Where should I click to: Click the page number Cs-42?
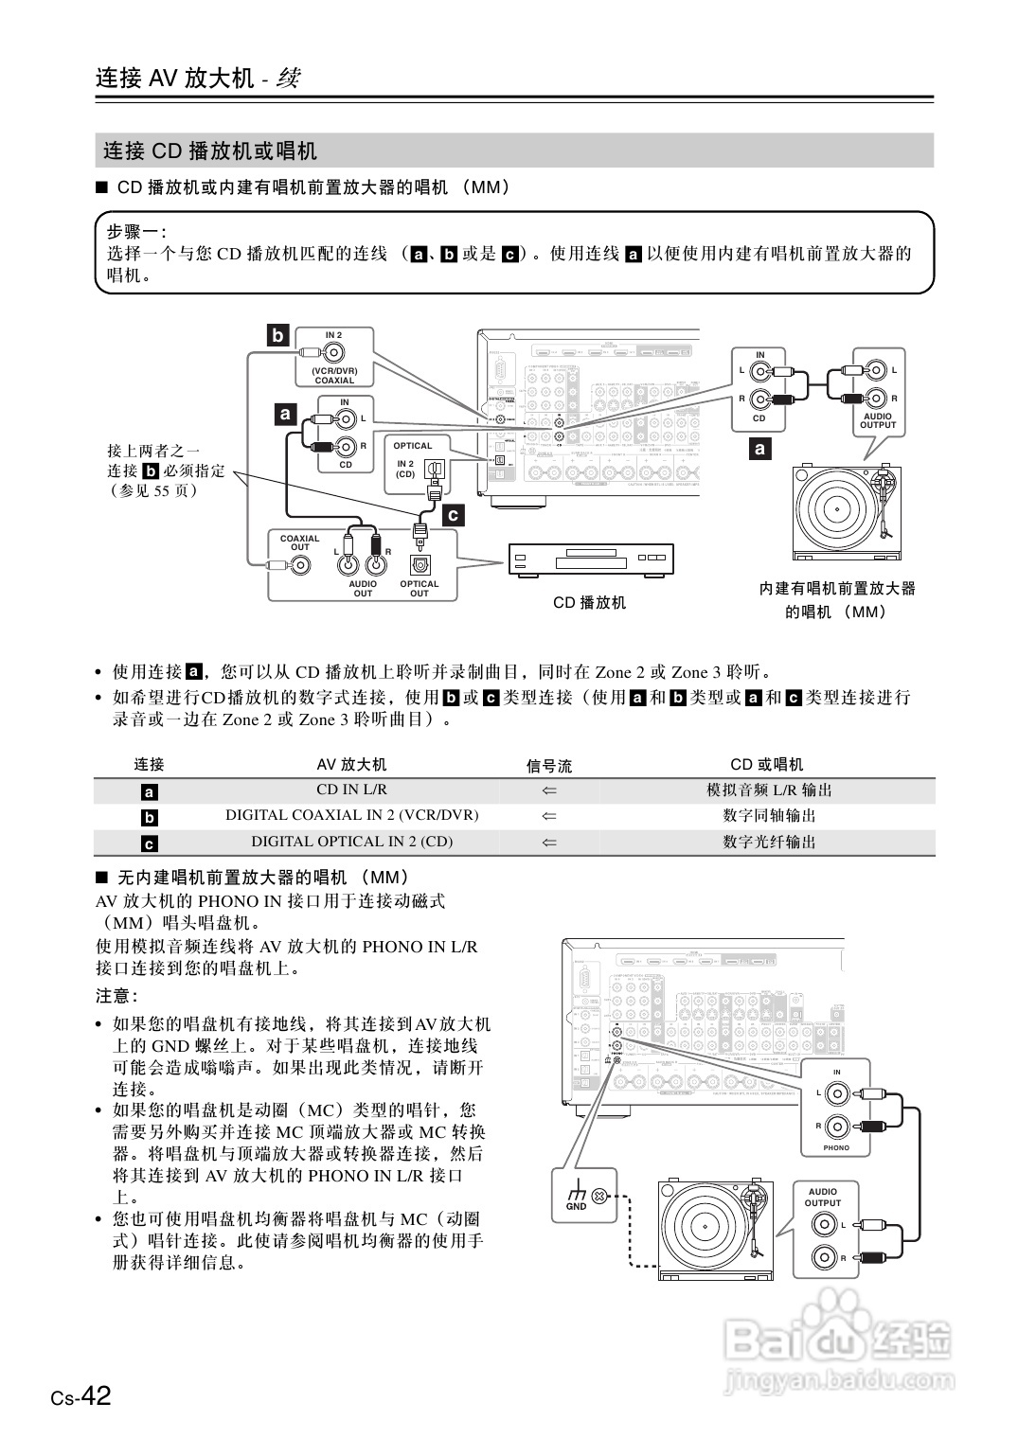point(81,1396)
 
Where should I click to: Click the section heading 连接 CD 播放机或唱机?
point(210,151)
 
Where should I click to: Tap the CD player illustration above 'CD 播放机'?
point(590,560)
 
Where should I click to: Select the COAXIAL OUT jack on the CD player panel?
point(301,565)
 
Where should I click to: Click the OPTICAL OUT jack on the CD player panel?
point(420,565)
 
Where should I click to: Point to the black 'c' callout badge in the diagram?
point(454,515)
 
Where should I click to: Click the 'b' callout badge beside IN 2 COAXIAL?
point(277,336)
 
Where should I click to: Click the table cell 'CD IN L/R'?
point(351,790)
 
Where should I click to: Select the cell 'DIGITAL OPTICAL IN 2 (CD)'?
point(351,842)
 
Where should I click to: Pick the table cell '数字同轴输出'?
point(769,815)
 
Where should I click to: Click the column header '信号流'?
point(549,765)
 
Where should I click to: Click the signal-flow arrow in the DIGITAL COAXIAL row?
point(549,815)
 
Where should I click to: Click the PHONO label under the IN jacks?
point(836,1147)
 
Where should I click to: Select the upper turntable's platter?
point(837,511)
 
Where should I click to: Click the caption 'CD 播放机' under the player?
point(589,603)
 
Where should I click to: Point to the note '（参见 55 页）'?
point(154,490)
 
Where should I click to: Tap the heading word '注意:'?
point(117,996)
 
